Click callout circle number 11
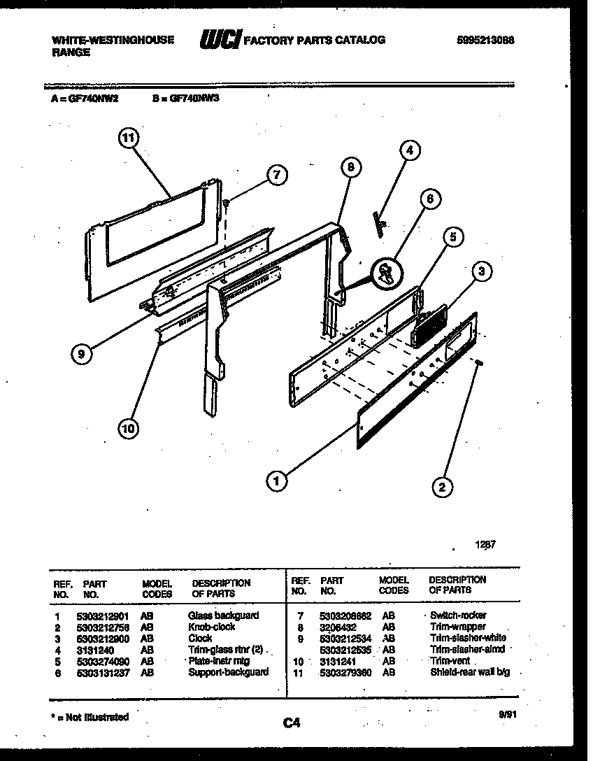pos(127,138)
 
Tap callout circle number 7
pos(277,176)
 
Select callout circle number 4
pos(410,150)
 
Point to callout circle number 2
pos(441,487)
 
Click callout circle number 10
pos(127,429)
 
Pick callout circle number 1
pos(278,481)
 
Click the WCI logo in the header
pos(220,41)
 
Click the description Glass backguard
pos(223,616)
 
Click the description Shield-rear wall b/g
pos(470,672)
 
